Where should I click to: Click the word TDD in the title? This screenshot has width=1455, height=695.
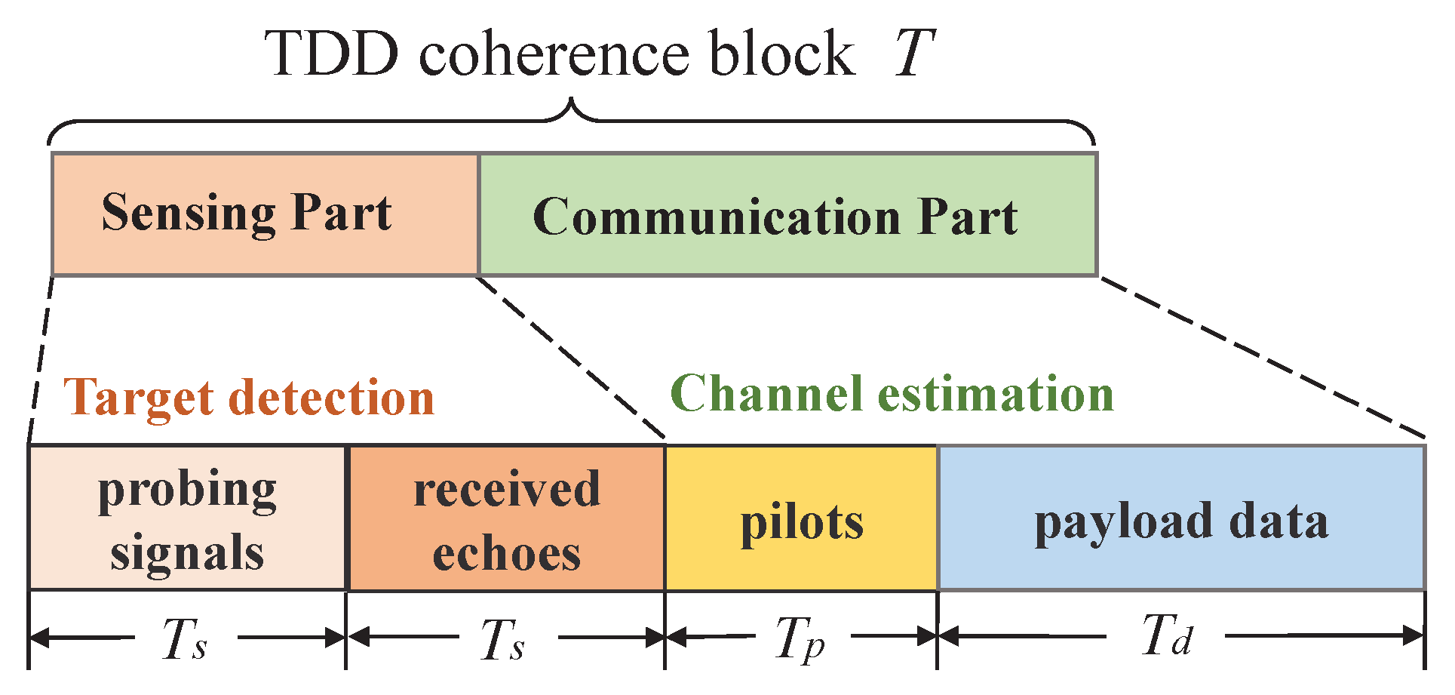point(332,54)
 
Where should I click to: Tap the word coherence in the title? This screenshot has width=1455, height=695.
point(554,54)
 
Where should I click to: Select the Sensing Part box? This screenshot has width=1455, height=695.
point(265,214)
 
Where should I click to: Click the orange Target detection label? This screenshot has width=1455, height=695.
point(249,398)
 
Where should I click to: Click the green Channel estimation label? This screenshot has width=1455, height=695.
point(892,394)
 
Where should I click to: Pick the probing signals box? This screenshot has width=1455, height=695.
point(187,518)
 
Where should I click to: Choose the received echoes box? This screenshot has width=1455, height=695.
point(506,518)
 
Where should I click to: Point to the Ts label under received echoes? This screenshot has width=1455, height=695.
point(503,640)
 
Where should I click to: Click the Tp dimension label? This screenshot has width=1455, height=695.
point(800,640)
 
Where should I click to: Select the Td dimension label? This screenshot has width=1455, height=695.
point(1166,635)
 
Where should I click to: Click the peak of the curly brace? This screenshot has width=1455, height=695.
point(572,101)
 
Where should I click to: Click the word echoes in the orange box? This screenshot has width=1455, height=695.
point(506,554)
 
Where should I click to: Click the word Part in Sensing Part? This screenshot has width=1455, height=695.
point(342,213)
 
